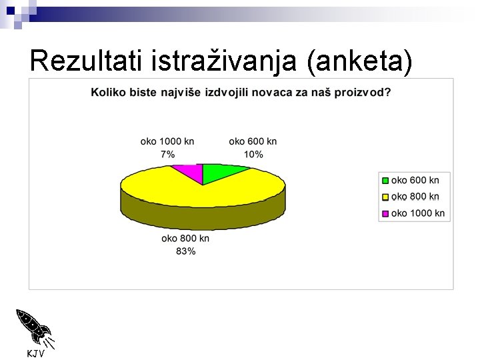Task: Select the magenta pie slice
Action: [x=190, y=171]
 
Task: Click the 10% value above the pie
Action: [x=253, y=155]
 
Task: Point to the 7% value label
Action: [x=167, y=155]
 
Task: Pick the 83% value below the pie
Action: [x=186, y=251]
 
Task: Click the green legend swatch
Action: [x=385, y=181]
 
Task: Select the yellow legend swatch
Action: [x=385, y=197]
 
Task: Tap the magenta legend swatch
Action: [x=385, y=214]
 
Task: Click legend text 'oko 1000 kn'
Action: [x=418, y=213]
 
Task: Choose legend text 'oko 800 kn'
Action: [x=415, y=197]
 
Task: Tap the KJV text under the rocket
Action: [x=35, y=353]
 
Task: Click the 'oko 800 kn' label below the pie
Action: [x=185, y=238]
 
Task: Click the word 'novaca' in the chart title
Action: [x=265, y=92]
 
